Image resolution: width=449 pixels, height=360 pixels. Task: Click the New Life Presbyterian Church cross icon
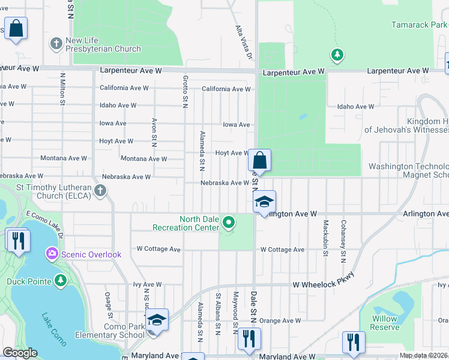(x=56, y=44)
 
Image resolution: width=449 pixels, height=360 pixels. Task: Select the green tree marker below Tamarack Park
(x=337, y=55)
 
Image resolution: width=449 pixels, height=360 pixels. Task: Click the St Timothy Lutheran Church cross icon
(x=100, y=191)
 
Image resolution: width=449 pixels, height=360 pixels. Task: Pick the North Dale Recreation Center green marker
(x=228, y=223)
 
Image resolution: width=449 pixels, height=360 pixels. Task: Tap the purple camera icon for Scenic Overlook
(x=52, y=254)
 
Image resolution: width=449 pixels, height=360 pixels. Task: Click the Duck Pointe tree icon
(x=60, y=280)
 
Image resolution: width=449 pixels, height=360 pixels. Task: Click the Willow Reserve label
(x=384, y=323)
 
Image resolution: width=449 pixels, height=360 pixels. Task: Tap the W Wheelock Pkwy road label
(x=324, y=281)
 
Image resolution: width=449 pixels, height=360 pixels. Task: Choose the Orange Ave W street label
(x=280, y=321)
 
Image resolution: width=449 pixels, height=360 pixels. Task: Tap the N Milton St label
(x=62, y=89)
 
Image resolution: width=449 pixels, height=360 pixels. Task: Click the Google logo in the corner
(x=20, y=353)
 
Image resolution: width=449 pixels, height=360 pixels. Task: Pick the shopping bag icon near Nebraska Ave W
(x=259, y=161)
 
